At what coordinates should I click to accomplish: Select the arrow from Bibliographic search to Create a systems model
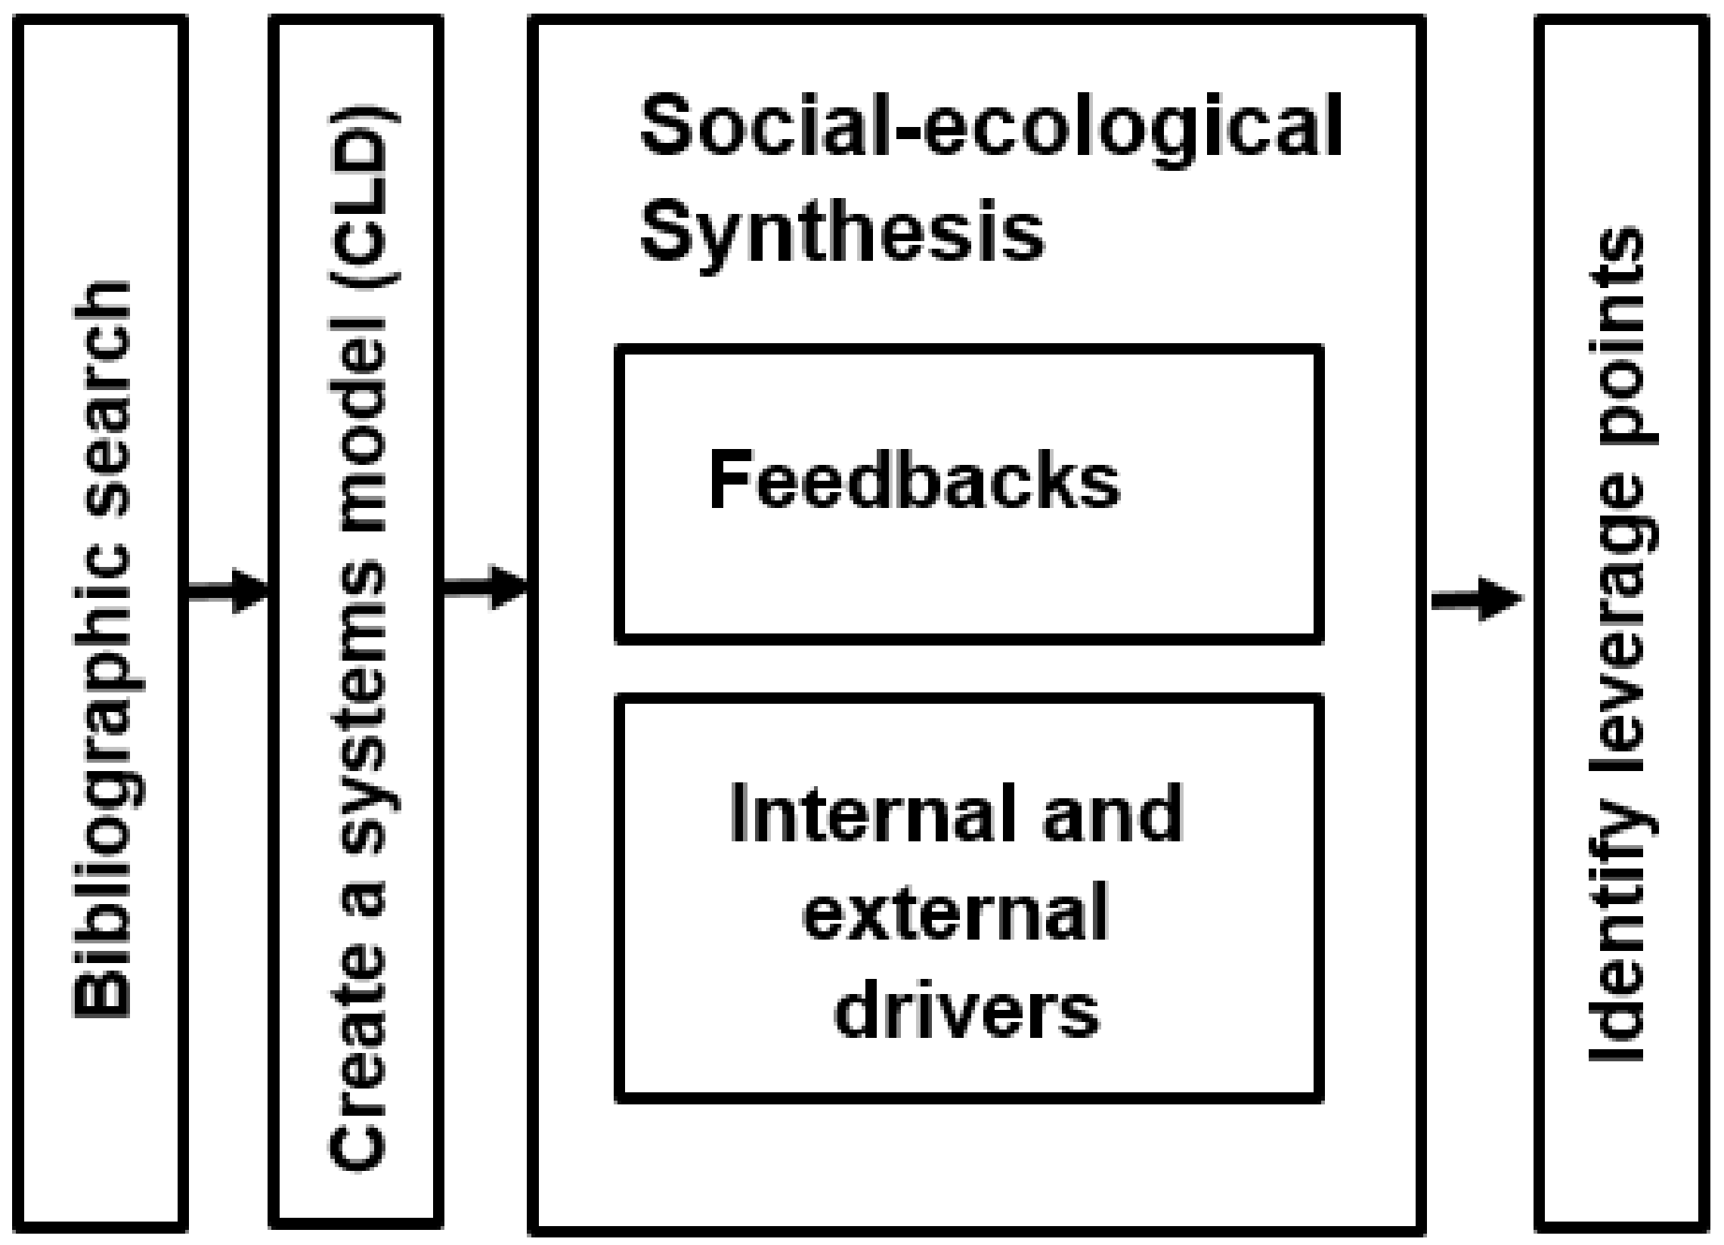click(228, 588)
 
